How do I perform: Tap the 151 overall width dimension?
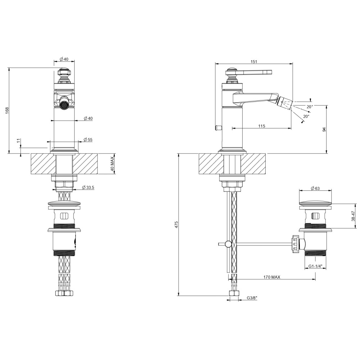254,62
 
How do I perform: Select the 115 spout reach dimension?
261,126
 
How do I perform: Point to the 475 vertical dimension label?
176,225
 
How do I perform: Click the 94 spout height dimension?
324,130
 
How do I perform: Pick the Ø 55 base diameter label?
88,140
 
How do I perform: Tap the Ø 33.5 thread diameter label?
88,188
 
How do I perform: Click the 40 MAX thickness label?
112,163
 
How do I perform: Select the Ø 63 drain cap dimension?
315,189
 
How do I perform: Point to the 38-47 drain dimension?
353,216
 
